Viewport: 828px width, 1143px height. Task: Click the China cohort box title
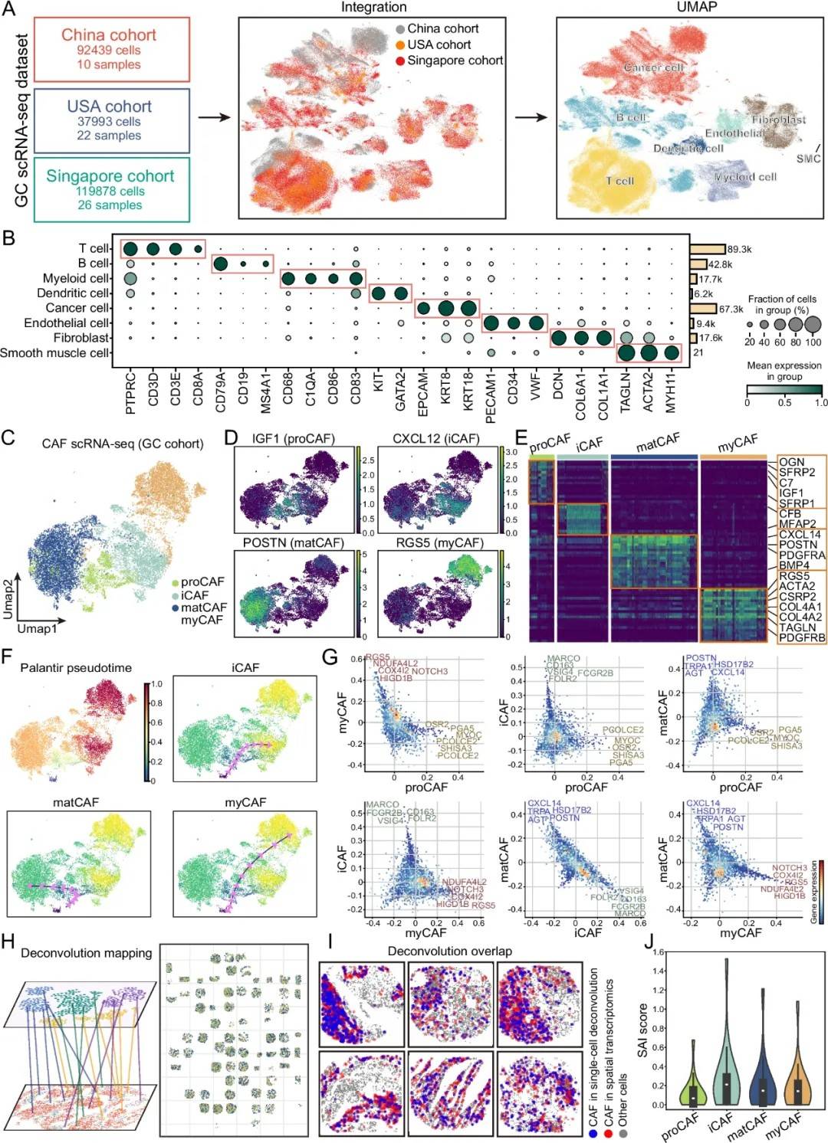(x=109, y=34)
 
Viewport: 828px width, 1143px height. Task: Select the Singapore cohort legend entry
(x=455, y=61)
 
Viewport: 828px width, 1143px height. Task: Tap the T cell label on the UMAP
(x=619, y=181)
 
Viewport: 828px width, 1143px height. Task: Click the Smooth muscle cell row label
(x=54, y=353)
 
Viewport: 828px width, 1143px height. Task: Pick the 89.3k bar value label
(x=739, y=249)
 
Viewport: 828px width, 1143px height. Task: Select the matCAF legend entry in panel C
(x=203, y=608)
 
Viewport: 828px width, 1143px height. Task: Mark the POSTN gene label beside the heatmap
(x=797, y=545)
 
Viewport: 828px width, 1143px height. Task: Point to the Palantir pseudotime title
(x=76, y=668)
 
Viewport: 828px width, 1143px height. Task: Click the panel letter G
(x=330, y=657)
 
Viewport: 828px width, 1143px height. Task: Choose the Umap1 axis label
(x=37, y=629)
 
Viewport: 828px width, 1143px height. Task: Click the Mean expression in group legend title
(x=784, y=371)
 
